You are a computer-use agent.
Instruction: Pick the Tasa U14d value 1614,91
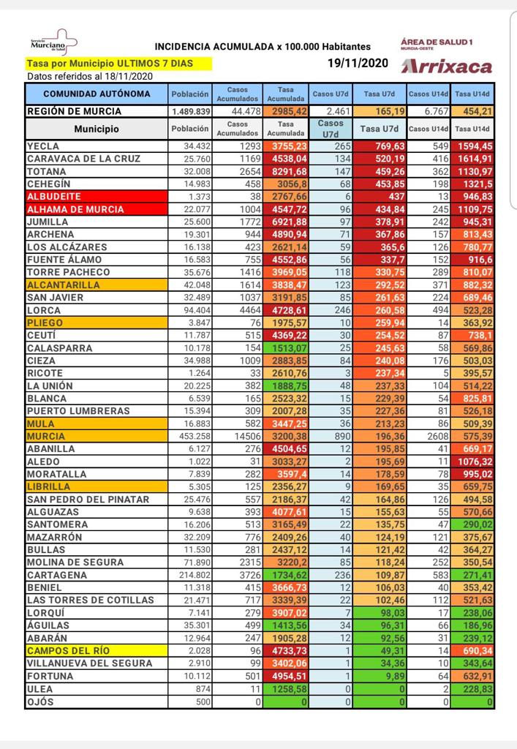click(x=473, y=159)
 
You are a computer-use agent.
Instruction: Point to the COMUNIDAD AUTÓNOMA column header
click(x=97, y=94)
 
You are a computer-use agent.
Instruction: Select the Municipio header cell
click(x=97, y=129)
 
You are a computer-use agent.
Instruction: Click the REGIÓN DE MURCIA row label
click(x=74, y=112)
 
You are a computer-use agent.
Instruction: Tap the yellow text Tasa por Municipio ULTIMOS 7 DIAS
click(x=110, y=64)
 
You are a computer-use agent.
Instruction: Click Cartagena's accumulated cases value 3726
click(x=247, y=575)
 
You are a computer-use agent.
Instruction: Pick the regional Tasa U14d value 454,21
click(x=473, y=112)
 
